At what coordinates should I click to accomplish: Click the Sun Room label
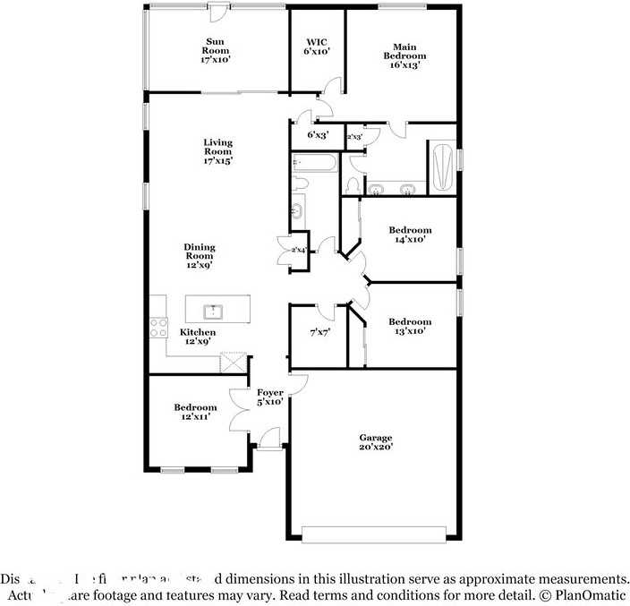pyautogui.click(x=216, y=50)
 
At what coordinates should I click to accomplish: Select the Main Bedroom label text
pyautogui.click(x=399, y=55)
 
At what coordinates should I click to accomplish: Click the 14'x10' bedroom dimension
pyautogui.click(x=410, y=240)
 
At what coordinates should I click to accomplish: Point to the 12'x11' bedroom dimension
pyautogui.click(x=195, y=416)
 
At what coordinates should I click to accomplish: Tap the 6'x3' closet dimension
pyautogui.click(x=319, y=135)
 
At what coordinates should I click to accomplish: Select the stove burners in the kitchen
pyautogui.click(x=159, y=328)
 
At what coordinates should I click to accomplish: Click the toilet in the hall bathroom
pyautogui.click(x=300, y=184)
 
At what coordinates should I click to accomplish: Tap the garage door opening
pyautogui.click(x=373, y=534)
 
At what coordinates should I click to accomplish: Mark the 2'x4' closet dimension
pyautogui.click(x=299, y=250)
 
